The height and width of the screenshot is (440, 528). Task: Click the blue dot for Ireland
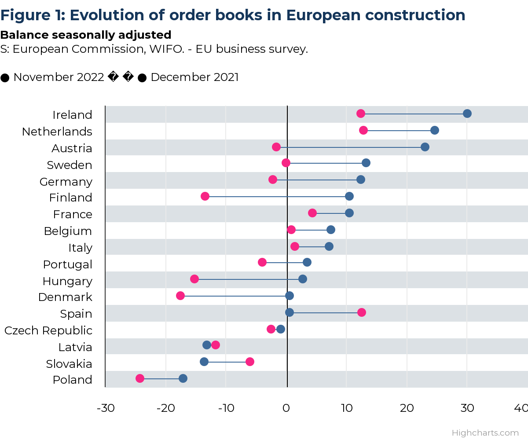point(467,114)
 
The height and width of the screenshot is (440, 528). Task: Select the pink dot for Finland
point(205,196)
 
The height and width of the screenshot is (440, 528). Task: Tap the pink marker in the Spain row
point(362,312)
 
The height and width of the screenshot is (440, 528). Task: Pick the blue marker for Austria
point(425,147)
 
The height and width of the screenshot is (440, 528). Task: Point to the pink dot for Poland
point(140,378)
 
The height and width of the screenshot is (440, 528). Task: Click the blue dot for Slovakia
point(204,362)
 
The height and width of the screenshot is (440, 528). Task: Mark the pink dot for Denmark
point(180,296)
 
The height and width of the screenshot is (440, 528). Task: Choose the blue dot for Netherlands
point(435,130)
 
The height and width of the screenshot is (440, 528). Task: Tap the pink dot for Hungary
point(194,279)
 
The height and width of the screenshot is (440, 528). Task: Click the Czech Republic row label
point(48,330)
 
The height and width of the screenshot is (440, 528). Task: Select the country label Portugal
point(68,264)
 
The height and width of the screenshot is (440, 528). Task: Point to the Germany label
point(66,182)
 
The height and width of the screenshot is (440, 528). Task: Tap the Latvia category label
point(75,347)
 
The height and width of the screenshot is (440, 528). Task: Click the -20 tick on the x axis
point(166,408)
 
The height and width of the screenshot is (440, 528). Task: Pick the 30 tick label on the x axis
point(467,408)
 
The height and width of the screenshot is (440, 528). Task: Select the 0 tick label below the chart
point(286,408)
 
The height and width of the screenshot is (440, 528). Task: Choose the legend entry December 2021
point(194,77)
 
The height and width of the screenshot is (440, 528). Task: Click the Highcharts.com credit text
point(485,433)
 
